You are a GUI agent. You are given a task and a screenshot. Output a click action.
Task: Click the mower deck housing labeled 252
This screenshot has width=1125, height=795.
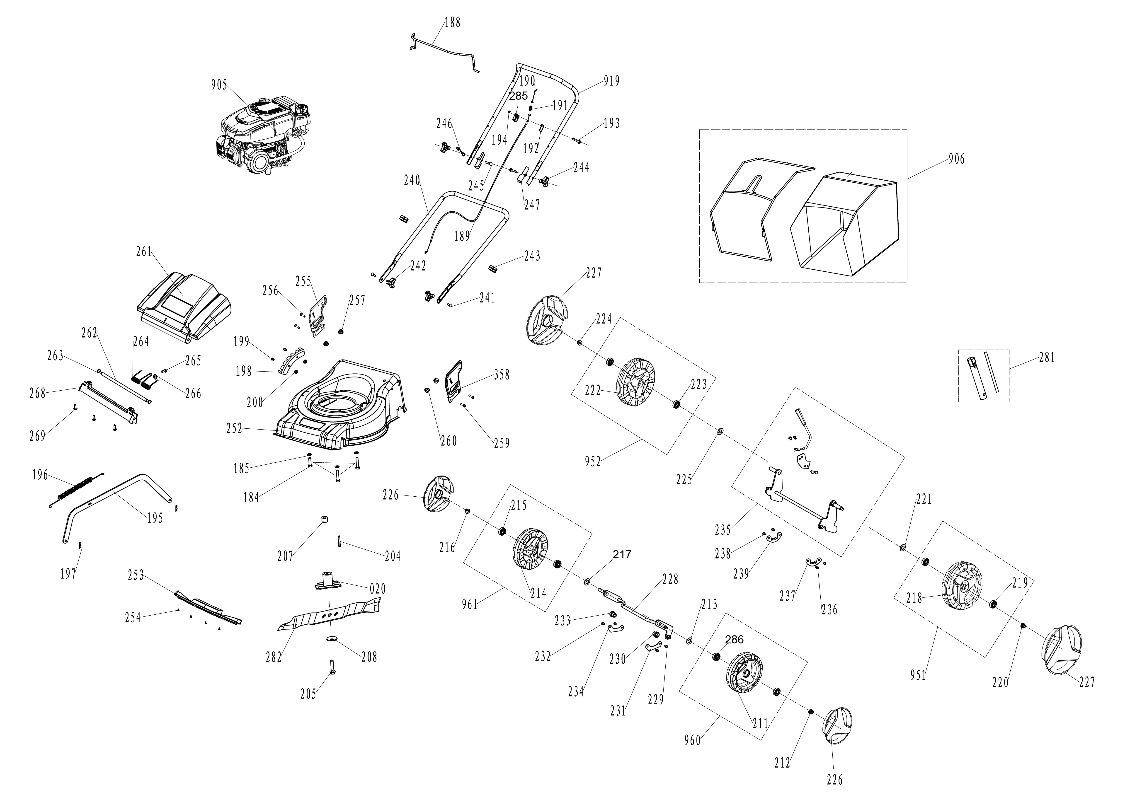pos(338,406)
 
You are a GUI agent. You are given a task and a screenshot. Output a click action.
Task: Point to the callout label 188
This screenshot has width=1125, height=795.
pos(452,22)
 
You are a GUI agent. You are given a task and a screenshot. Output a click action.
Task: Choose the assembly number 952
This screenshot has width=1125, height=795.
pos(592,462)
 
